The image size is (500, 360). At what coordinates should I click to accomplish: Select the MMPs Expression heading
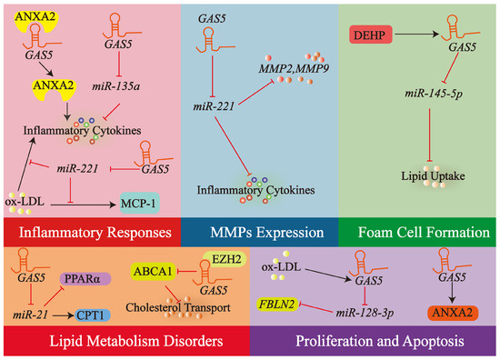(251, 232)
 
